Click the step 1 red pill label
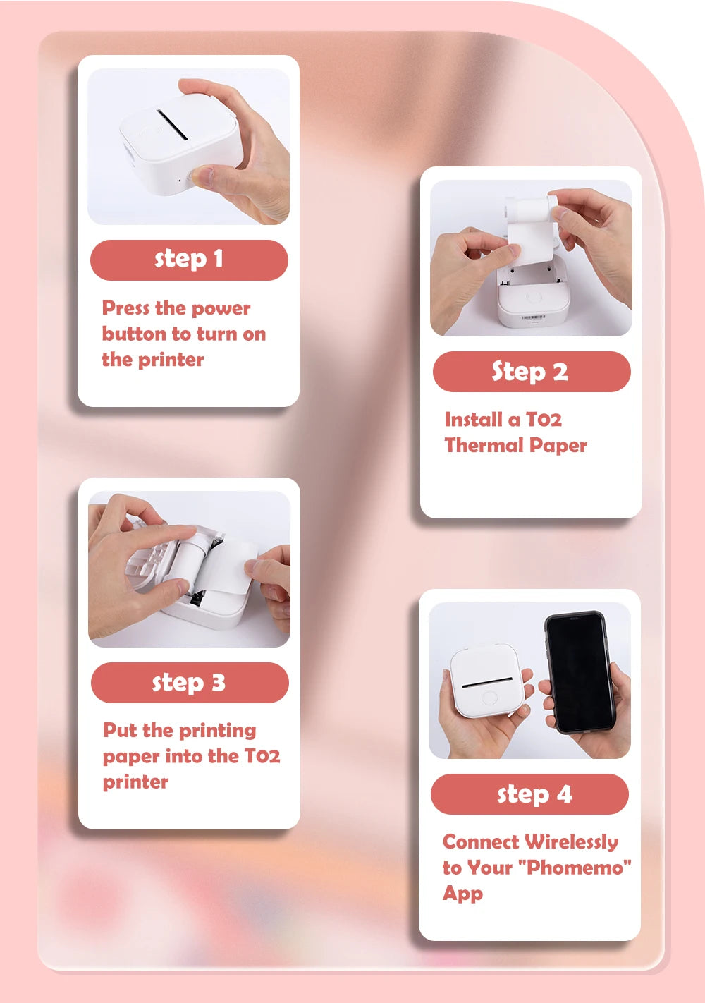pyautogui.click(x=189, y=260)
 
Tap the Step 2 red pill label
pyautogui.click(x=531, y=372)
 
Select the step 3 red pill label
pyautogui.click(x=190, y=683)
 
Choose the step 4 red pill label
pyautogui.click(x=529, y=794)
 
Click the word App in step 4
pyautogui.click(x=462, y=893)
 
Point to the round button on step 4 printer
pyautogui.click(x=489, y=698)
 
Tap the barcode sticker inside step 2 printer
pyautogui.click(x=533, y=318)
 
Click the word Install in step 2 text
pyautogui.click(x=473, y=420)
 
